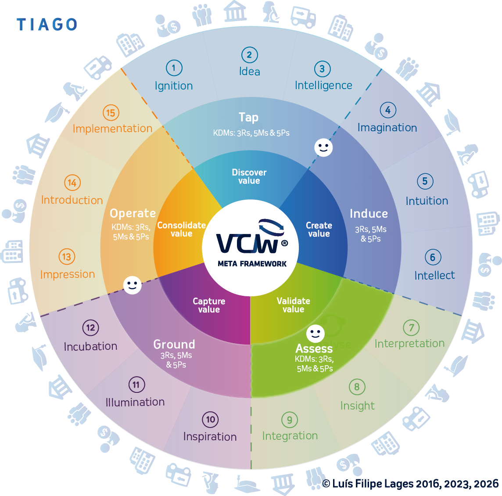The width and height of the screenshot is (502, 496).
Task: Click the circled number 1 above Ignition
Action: coord(174,68)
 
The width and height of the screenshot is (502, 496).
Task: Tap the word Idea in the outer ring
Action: coord(249,72)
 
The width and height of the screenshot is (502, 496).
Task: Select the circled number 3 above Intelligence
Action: coord(322,69)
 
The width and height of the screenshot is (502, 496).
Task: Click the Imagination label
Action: coord(387,128)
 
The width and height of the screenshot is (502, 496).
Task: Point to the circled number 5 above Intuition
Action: coord(425,181)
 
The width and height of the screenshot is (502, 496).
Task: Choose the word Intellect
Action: coord(434,276)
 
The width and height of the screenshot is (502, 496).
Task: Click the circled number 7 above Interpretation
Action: coord(411,327)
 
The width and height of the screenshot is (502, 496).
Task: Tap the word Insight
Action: coord(357,406)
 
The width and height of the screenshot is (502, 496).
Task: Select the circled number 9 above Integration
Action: coord(289,420)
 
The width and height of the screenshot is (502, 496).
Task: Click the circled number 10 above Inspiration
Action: coord(211,420)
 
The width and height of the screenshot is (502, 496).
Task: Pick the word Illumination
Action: coord(135,402)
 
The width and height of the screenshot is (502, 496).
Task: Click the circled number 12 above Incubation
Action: coord(90,328)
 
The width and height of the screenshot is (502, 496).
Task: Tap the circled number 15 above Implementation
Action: coord(111,113)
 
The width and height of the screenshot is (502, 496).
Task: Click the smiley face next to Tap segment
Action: coord(323,148)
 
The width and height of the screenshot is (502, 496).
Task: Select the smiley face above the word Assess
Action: coord(315,334)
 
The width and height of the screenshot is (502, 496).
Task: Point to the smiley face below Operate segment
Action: coord(132,285)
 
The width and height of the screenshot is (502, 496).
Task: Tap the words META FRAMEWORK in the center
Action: coord(252,264)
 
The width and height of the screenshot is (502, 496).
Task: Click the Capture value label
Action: coord(209,306)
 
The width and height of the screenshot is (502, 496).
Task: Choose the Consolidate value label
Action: coord(181,229)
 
